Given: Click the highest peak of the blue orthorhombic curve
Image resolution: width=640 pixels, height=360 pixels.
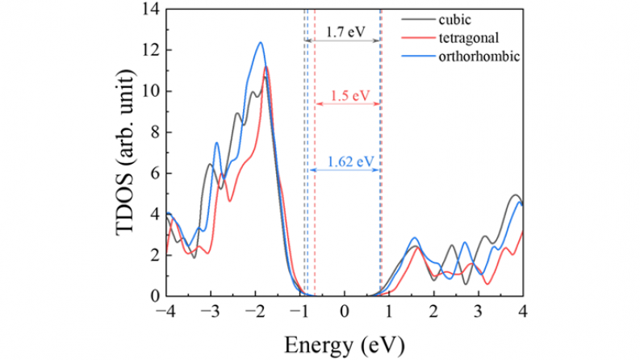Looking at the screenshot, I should pos(261,43).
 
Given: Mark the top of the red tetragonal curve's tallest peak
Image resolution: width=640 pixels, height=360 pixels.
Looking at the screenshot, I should pos(266,67).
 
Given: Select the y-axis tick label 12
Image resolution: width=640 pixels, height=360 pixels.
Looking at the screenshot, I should pos(151,50).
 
